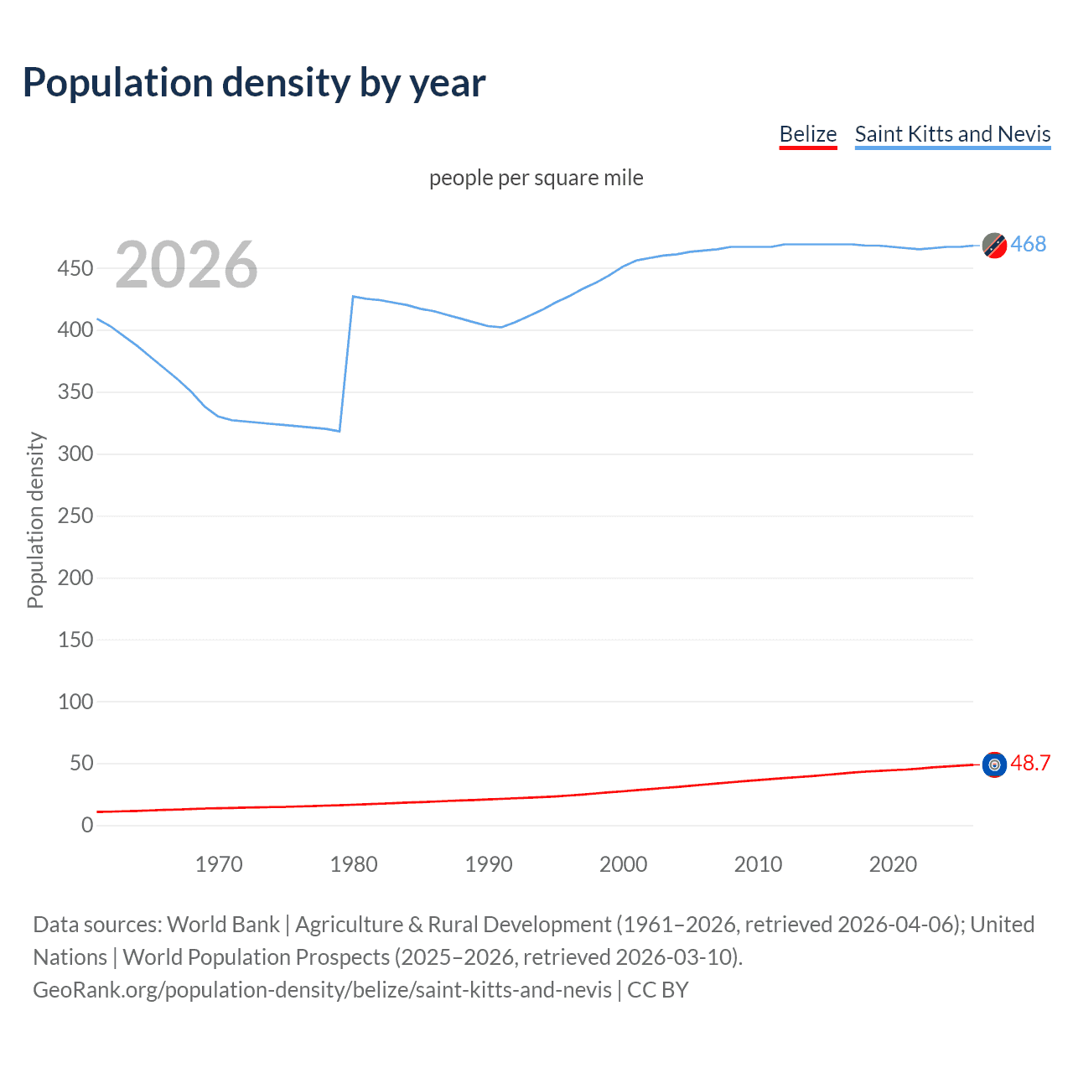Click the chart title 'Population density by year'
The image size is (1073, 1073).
point(254,82)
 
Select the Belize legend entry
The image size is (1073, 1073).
point(807,134)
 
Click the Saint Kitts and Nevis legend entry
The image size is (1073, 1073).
point(952,134)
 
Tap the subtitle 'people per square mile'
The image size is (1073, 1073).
point(536,178)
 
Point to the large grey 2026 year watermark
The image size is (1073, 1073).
point(186,265)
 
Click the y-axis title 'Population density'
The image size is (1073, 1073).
point(35,520)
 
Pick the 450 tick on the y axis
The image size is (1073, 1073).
point(75,268)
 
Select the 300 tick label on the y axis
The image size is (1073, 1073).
point(75,454)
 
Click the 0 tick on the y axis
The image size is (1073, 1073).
point(87,825)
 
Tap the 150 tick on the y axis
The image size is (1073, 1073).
point(75,640)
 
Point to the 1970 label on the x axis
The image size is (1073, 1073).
point(219,864)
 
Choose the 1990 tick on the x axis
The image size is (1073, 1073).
point(489,864)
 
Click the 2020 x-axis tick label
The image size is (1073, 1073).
point(893,864)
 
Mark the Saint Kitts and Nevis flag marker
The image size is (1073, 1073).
point(994,246)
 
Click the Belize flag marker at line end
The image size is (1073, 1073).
point(994,765)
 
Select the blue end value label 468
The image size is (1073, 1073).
point(1028,244)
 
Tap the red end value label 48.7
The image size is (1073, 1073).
point(1030,763)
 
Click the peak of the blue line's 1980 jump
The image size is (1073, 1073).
point(354,297)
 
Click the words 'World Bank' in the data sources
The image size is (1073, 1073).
point(223,924)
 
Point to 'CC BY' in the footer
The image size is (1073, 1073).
point(657,989)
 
